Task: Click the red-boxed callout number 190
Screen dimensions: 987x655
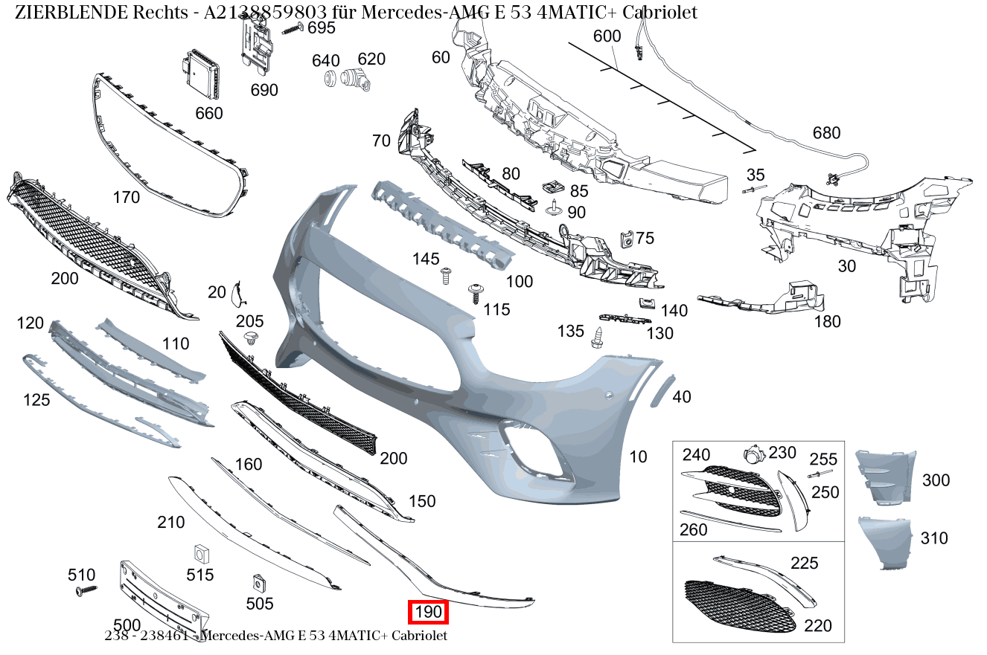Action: coord(428,612)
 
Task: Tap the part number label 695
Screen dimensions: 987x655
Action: coord(322,28)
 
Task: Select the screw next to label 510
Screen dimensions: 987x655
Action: coord(86,590)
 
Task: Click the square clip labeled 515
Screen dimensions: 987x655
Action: coord(202,554)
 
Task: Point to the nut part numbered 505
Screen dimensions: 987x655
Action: coord(259,583)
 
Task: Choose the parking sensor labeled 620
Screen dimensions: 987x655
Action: coord(356,80)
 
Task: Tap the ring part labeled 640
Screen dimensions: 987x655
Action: coord(330,79)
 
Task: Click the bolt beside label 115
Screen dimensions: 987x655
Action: coord(476,294)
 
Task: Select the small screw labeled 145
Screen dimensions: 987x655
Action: coord(446,276)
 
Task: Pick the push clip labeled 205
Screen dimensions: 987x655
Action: coord(251,338)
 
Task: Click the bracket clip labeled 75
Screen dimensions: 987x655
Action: coord(627,239)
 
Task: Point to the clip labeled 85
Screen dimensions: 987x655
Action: coord(552,187)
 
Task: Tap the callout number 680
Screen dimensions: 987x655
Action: coord(827,133)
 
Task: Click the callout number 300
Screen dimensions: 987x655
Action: coord(936,480)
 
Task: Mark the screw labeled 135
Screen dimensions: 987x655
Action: coord(597,338)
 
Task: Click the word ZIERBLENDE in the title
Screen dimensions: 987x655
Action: coord(71,13)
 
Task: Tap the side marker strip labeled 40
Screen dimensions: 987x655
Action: coord(662,391)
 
